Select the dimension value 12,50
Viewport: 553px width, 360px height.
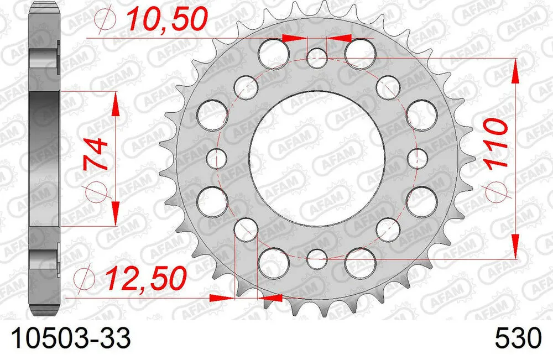pyautogui.click(x=147, y=279)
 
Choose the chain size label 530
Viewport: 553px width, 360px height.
pyautogui.click(x=518, y=338)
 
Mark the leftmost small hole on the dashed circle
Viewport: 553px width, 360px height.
pyautogui.click(x=216, y=158)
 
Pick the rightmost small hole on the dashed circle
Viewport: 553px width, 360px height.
pyautogui.click(x=417, y=158)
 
